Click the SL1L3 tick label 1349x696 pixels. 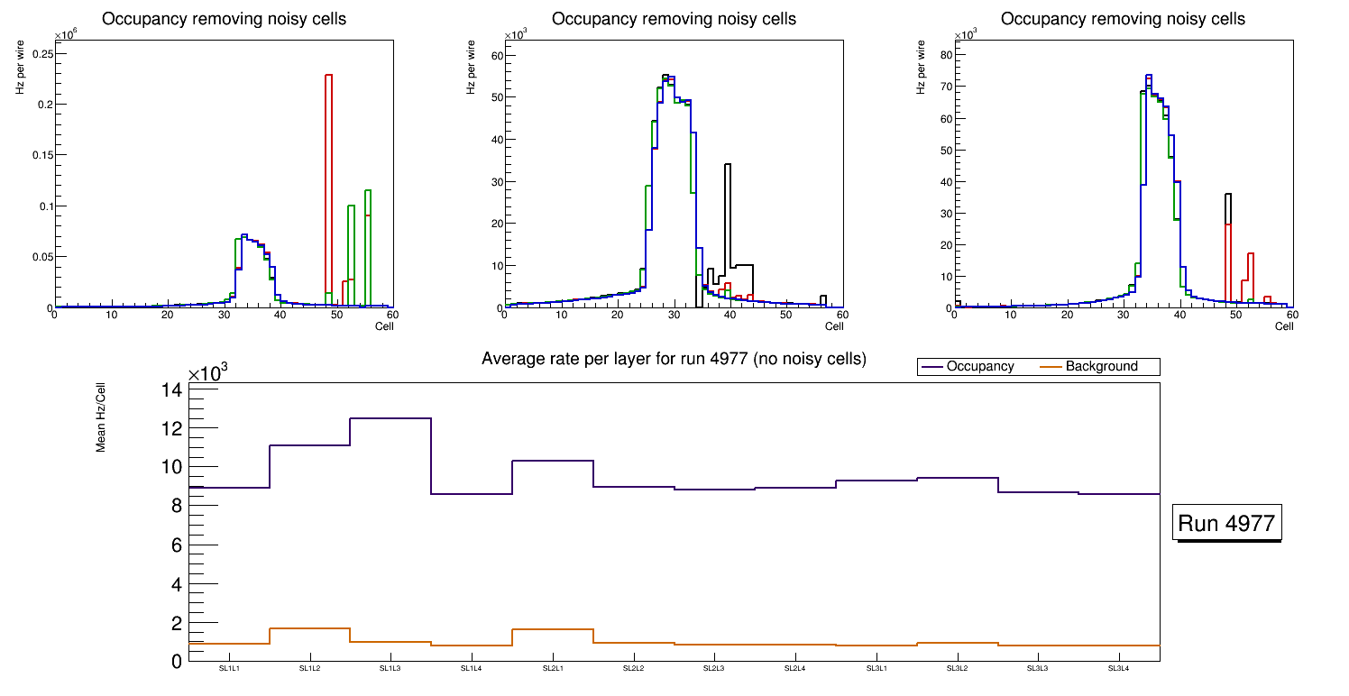point(390,669)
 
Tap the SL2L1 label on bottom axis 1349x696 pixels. point(552,669)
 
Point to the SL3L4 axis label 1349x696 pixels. point(1118,669)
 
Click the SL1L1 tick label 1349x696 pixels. point(228,669)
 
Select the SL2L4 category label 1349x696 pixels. point(794,669)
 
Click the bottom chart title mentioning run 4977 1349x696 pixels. point(674,359)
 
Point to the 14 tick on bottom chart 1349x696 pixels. point(173,389)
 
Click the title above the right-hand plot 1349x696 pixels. point(1123,19)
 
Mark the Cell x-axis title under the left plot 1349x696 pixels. point(384,325)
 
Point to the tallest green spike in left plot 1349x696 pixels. point(368,243)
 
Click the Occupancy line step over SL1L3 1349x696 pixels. point(390,418)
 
